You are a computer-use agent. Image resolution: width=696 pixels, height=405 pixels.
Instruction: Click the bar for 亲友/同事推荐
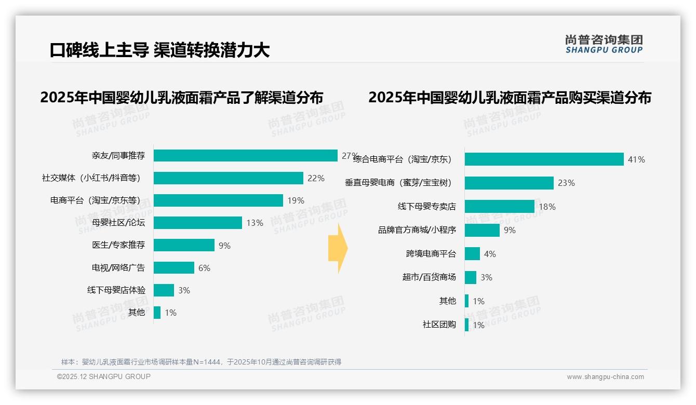245,156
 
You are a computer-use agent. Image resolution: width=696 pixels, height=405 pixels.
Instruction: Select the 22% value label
316,178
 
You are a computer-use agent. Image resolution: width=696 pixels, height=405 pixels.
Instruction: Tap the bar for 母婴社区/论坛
198,223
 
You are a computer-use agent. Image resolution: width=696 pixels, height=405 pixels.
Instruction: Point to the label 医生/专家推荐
118,245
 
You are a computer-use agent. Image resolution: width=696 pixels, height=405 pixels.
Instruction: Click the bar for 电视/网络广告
174,268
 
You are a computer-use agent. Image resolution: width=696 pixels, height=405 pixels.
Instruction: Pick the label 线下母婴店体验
116,290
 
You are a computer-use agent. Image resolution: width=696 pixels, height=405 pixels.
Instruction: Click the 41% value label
636,159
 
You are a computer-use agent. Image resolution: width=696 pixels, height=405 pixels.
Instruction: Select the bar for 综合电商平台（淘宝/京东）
544,159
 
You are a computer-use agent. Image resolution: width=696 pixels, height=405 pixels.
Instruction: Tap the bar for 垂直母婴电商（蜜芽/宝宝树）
509,183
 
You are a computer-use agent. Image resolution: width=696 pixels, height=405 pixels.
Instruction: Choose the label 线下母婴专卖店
426,207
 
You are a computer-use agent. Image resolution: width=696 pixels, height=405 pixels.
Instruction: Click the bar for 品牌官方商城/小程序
482,230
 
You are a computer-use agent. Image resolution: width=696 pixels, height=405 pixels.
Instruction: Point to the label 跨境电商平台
431,254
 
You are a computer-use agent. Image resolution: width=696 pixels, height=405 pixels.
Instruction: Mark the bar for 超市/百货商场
471,277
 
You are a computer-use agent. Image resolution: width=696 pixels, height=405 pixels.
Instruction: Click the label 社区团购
439,325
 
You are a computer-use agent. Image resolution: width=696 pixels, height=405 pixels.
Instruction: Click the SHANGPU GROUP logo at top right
604,44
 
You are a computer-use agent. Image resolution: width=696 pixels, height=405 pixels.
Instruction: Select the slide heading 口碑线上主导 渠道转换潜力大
159,50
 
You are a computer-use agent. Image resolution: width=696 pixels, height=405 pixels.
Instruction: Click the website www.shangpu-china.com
605,377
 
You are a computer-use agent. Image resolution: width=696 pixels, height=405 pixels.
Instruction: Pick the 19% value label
296,200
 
